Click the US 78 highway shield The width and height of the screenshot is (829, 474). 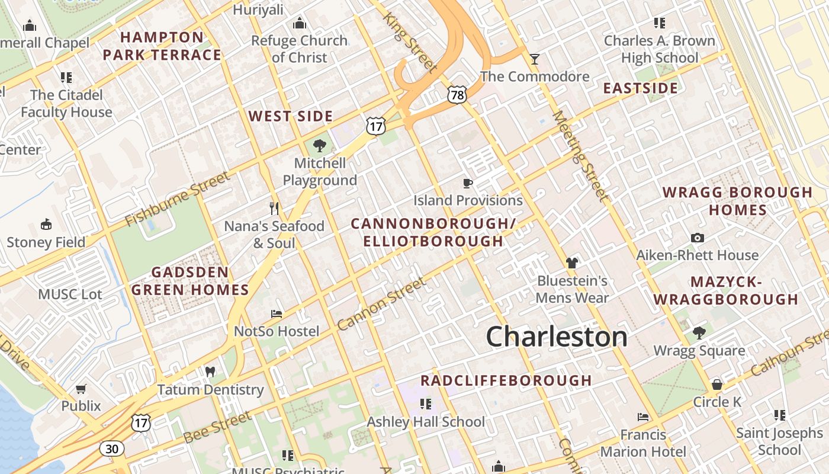[x=457, y=94]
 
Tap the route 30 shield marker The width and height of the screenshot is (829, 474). [x=111, y=449]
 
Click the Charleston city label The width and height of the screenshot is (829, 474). [x=556, y=337]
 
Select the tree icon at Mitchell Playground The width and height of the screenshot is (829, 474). [x=320, y=145]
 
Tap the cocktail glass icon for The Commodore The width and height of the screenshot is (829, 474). [x=535, y=59]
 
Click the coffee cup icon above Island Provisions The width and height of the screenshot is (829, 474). [x=468, y=183]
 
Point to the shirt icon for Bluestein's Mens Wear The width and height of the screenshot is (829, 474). [x=571, y=262]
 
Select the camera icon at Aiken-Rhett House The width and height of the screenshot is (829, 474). [x=698, y=238]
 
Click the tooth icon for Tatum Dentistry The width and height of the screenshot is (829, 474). [x=210, y=372]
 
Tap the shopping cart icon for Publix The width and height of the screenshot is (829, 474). [x=81, y=389]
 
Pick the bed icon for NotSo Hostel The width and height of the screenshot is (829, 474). [x=277, y=313]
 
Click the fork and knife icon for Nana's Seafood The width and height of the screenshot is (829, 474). [x=274, y=208]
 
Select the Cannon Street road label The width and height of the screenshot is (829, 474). [x=381, y=304]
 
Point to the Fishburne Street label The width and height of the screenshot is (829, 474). [x=177, y=199]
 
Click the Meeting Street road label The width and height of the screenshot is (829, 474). [x=580, y=156]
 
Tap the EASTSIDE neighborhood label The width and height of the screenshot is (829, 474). [x=640, y=88]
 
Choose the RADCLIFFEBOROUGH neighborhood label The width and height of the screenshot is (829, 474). [x=506, y=380]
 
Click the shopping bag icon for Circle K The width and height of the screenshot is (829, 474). [x=716, y=385]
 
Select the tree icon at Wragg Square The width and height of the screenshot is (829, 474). [x=699, y=332]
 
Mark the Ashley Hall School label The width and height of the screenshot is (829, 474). [x=426, y=422]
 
